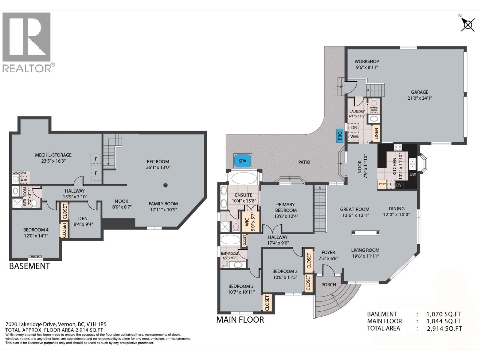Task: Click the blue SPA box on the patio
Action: coord(242,161)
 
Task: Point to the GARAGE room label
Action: coord(419,92)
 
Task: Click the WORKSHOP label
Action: coord(367,61)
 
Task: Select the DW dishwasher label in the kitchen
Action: coord(413,174)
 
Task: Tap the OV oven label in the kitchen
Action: coord(399,185)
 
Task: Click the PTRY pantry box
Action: coord(382,184)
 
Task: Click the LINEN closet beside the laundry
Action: coord(376,134)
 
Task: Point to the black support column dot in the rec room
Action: coord(165,185)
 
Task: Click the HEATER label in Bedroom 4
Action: coord(35,256)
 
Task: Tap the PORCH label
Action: coord(328,284)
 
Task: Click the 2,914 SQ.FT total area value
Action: coord(444,328)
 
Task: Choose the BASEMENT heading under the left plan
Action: coord(29,266)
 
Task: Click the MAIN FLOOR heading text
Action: coord(240,320)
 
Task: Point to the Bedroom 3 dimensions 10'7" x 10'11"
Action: coord(241,292)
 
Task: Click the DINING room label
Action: coord(396,208)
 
